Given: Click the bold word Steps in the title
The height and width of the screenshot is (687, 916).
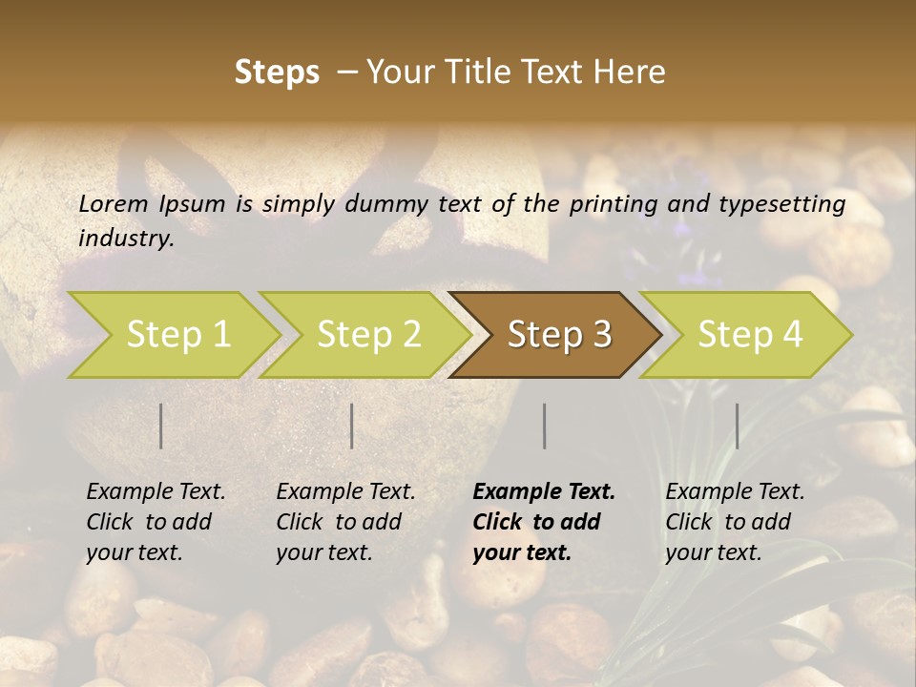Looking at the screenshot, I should (x=277, y=73).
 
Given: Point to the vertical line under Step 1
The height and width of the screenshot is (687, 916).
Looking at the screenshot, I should (x=161, y=426).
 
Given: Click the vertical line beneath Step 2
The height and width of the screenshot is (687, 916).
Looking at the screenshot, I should (x=352, y=426).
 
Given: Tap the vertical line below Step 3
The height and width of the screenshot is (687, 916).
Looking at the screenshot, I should (x=544, y=426).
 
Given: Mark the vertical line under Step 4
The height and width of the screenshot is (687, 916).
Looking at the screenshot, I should (x=737, y=426).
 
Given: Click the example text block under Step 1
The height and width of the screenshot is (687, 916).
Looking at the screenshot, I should (x=156, y=522).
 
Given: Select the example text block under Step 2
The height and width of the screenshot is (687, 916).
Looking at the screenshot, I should (x=345, y=522).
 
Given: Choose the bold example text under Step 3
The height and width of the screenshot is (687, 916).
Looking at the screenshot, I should (x=544, y=522).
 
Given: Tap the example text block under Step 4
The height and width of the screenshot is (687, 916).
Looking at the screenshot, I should (x=735, y=522).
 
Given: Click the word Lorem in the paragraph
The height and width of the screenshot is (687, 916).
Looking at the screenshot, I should (x=113, y=204).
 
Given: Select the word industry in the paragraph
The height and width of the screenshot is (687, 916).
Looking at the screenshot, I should (x=126, y=239).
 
